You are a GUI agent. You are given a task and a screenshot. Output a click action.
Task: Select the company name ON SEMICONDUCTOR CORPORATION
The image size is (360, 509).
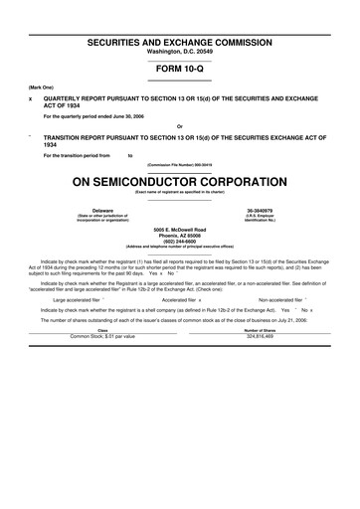pos(180,182)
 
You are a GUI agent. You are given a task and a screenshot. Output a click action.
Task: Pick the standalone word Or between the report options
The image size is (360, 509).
pos(179,126)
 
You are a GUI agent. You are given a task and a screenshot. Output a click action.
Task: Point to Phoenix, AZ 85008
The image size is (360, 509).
pos(180,236)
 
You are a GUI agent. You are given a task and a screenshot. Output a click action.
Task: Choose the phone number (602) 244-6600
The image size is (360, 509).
pos(180,242)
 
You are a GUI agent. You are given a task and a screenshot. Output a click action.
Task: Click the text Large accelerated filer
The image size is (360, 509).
pos(77,298)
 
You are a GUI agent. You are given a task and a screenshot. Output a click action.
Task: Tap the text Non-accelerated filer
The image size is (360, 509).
pos(283,298)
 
